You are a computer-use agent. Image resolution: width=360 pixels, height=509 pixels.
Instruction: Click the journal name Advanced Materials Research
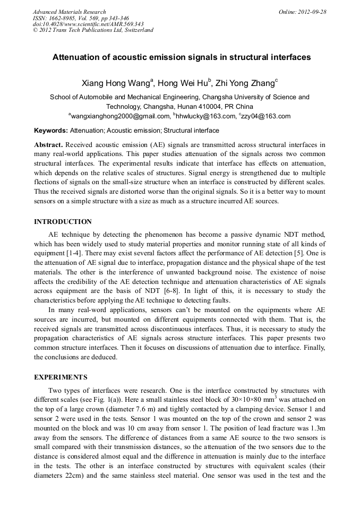pyautogui.click(x=69, y=12)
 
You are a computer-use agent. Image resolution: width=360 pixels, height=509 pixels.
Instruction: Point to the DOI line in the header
pyautogui.click(x=88, y=24)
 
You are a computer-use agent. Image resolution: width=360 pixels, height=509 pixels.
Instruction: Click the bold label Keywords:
pyautogui.click(x=51, y=130)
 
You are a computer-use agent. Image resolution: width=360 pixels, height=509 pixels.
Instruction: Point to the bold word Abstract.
pyautogui.click(x=49, y=144)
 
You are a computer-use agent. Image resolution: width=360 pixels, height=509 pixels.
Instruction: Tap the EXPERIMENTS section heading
pyautogui.click(x=61, y=377)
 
